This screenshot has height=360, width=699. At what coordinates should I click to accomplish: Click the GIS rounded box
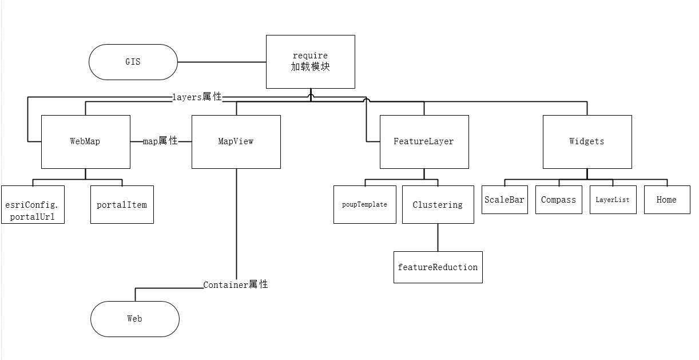133,62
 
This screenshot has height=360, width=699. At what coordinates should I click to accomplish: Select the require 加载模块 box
311,62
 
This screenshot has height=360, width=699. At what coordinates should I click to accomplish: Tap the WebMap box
86,141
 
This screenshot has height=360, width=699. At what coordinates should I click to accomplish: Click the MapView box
236,141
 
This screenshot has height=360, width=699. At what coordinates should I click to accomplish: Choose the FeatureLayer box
424,141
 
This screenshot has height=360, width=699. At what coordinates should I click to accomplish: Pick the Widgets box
587,141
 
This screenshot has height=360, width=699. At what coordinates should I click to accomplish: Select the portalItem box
122,204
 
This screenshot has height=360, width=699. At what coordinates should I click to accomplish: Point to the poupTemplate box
365,204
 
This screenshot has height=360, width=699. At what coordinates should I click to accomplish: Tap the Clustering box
438,204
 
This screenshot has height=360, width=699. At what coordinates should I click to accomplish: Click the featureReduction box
438,267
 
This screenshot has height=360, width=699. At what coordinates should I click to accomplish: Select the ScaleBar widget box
505,200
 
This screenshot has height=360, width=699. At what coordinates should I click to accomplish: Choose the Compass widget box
558,200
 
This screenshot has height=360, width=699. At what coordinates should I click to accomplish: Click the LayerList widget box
613,200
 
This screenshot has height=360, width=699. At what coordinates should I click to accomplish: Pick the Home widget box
667,200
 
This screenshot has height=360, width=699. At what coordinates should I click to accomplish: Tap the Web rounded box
135,319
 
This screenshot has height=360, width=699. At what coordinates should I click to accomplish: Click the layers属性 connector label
197,97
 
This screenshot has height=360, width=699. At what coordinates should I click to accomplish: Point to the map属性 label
160,141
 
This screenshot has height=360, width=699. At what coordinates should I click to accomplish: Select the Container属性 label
236,284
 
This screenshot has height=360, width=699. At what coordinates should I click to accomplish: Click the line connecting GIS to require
222,62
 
